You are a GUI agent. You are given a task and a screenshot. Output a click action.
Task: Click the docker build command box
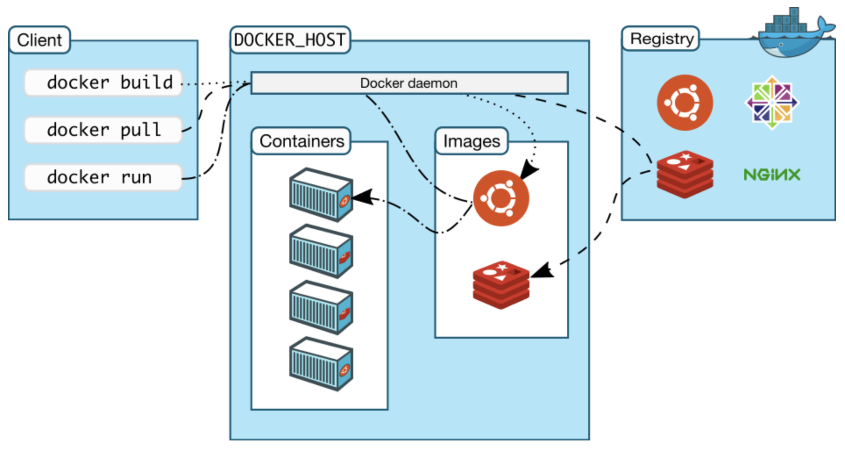tap(103, 82)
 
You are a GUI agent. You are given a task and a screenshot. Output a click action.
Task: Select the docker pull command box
tap(103, 130)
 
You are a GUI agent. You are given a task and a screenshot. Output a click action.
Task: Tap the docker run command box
tap(103, 177)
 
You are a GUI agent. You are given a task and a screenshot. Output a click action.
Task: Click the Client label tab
tap(39, 40)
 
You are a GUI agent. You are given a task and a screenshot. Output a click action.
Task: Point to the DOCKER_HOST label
tap(290, 40)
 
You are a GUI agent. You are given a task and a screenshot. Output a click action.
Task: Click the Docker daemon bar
tap(409, 83)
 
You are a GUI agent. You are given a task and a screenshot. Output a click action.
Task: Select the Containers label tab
tap(302, 141)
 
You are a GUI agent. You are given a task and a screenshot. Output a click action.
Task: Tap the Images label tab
tap(471, 141)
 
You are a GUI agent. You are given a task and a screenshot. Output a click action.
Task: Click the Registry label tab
tap(661, 39)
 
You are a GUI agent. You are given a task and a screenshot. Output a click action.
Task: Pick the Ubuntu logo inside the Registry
tap(685, 103)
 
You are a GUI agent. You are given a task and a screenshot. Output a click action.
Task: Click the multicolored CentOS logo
tap(772, 103)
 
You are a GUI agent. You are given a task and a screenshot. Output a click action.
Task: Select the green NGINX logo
tap(772, 175)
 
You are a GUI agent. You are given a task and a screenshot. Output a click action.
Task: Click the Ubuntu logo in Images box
tap(501, 198)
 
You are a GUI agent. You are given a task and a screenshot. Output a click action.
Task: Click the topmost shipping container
tap(321, 194)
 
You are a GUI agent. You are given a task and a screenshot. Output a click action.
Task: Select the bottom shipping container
tap(321, 364)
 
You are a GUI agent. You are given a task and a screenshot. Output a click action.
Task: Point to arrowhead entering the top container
tap(363, 197)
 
